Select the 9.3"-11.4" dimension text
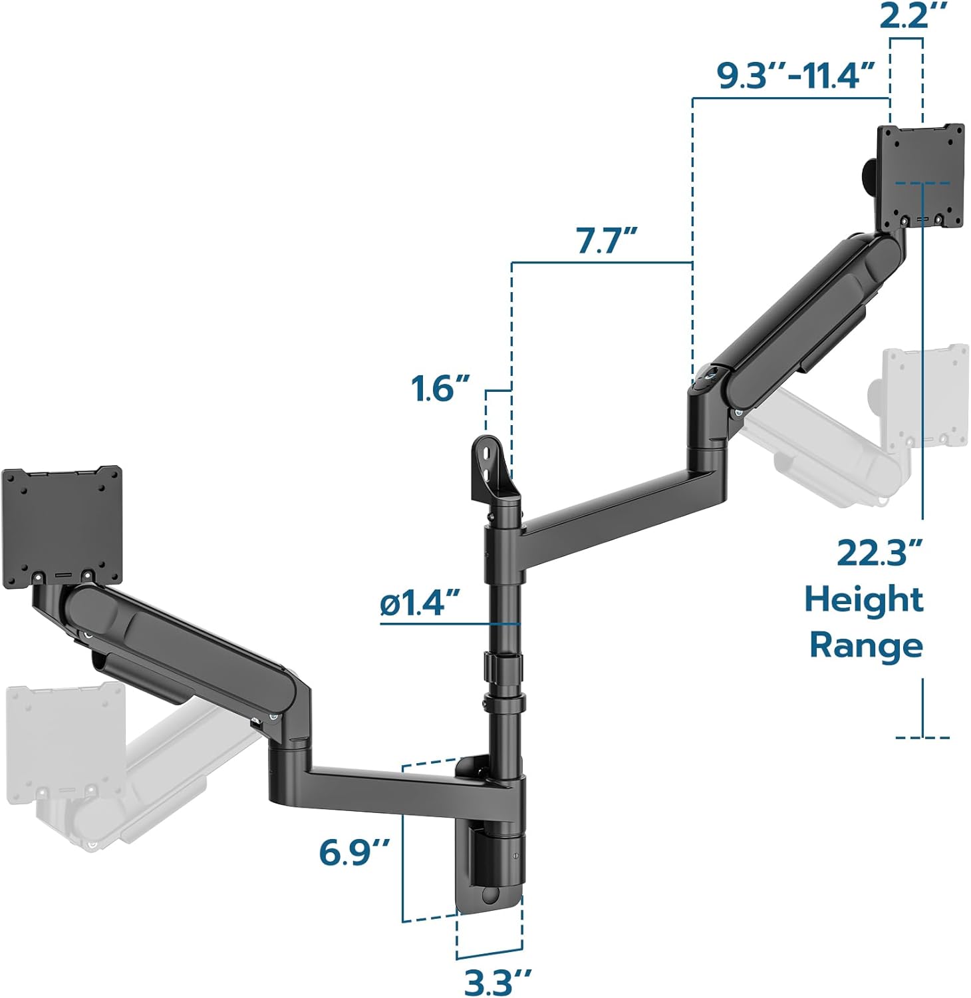pyautogui.click(x=795, y=76)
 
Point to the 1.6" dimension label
pyautogui.click(x=440, y=388)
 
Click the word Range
pyautogui.click(x=866, y=645)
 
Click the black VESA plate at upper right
pyautogui.click(x=920, y=176)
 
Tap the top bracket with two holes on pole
pyautogui.click(x=492, y=469)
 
